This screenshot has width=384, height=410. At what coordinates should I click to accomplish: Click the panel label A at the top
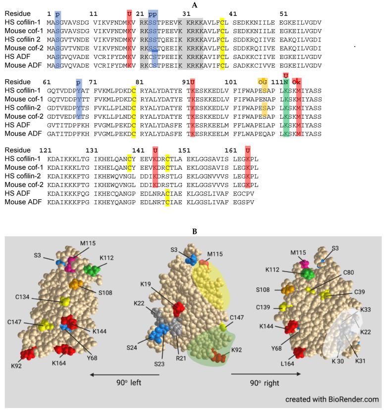(194, 4)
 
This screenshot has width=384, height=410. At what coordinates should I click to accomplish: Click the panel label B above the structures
(194, 230)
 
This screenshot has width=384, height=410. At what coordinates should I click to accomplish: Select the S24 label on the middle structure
(143, 340)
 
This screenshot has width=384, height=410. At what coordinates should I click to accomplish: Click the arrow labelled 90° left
(124, 375)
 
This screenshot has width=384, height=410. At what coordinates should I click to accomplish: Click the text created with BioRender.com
(332, 400)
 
